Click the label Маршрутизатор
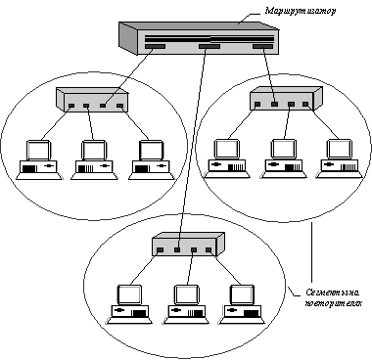(x=300, y=11)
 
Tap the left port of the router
(x=155, y=47)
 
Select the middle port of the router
(x=209, y=47)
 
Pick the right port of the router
(x=262, y=47)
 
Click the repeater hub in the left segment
(x=92, y=100)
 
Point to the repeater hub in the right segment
(x=286, y=99)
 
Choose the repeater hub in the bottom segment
(x=188, y=245)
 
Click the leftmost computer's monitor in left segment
(x=38, y=150)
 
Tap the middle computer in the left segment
(x=94, y=159)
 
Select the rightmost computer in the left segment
(x=152, y=159)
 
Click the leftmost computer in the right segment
(x=227, y=158)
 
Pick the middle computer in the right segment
(x=284, y=158)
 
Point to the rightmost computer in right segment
(x=340, y=158)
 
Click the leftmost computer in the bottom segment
(x=129, y=304)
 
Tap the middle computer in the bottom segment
(x=186, y=304)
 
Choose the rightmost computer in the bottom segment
(x=242, y=304)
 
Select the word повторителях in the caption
(x=333, y=303)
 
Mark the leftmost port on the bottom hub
(x=160, y=250)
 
